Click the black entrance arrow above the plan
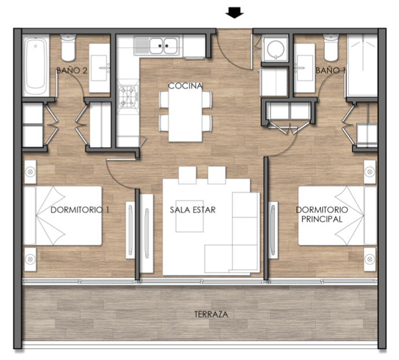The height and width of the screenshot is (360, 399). point(234,13)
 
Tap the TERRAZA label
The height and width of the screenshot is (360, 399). point(211,314)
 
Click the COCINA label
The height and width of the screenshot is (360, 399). point(185,86)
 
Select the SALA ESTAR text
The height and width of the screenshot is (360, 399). point(193,210)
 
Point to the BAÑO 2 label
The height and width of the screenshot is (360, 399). point(72,70)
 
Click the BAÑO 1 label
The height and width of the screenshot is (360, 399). point(330,70)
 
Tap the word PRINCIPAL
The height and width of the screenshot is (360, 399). point(322,219)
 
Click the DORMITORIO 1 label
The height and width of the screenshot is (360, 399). point(80,210)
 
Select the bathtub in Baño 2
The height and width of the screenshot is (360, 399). point(36,65)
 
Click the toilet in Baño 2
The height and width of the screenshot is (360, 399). point(68,47)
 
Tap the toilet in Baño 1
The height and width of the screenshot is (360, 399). point(331,47)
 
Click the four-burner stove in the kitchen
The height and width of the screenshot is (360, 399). point(128,96)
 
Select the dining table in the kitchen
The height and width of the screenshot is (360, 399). point(185,112)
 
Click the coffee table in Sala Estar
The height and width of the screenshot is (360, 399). point(190,216)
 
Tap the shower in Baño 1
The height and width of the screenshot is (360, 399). point(362,65)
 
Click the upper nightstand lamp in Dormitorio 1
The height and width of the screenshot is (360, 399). point(30,172)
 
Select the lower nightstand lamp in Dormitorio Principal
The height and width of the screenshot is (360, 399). point(370,259)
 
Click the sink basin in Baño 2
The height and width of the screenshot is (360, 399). point(99,68)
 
